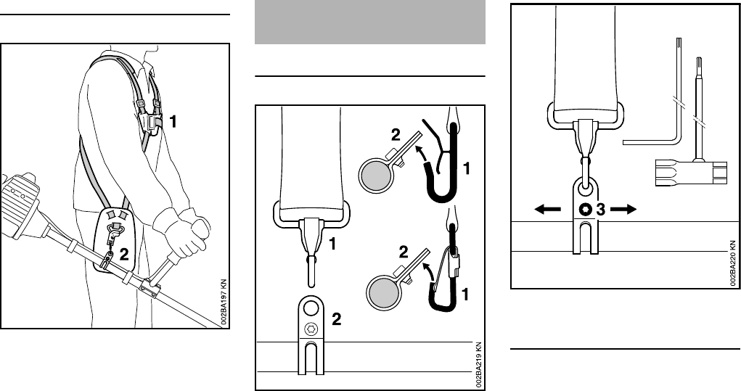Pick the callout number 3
(600, 210)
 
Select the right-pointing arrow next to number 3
(623, 209)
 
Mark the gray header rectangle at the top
(370, 22)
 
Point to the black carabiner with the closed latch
(446, 279)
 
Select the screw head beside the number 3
(586, 210)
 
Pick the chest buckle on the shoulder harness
(150, 122)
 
